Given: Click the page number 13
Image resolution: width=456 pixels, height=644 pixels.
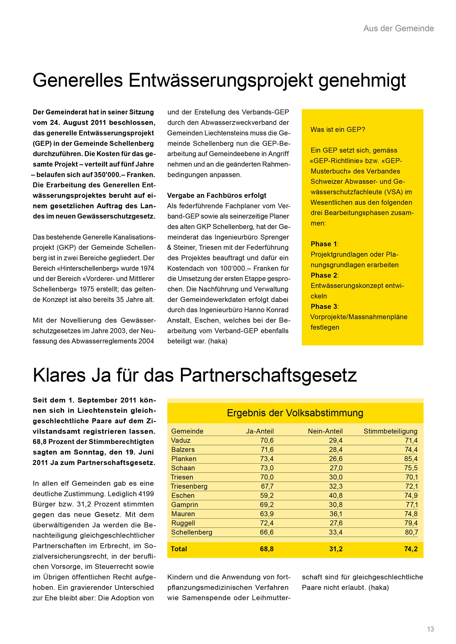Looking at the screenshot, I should pyautogui.click(x=430, y=629).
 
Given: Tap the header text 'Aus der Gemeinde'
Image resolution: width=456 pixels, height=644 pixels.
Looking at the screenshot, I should pyautogui.click(x=399, y=28).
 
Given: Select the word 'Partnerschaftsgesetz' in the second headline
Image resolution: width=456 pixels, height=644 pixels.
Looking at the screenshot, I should pyautogui.click(x=268, y=375).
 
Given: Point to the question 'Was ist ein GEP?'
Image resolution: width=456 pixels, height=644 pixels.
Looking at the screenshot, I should pyautogui.click(x=337, y=130).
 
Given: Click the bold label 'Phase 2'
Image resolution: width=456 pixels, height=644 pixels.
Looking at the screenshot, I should pyautogui.click(x=324, y=275).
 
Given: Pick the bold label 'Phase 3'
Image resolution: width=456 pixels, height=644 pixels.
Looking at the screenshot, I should pyautogui.click(x=324, y=306).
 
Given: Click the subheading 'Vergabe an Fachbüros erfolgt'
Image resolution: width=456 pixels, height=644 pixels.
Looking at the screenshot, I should pyautogui.click(x=217, y=195).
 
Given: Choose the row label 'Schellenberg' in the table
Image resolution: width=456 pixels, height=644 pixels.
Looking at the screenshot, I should pyautogui.click(x=191, y=532).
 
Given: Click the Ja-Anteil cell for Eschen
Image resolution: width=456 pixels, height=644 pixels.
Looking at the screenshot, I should pyautogui.click(x=266, y=495).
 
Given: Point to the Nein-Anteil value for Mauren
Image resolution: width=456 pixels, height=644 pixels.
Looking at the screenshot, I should pyautogui.click(x=336, y=514).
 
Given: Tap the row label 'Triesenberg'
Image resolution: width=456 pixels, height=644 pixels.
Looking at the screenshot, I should pyautogui.click(x=189, y=486).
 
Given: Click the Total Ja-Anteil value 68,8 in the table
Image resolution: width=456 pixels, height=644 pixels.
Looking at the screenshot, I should pyautogui.click(x=266, y=549).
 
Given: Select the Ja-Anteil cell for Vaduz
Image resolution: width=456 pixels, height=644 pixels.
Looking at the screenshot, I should pyautogui.click(x=266, y=440).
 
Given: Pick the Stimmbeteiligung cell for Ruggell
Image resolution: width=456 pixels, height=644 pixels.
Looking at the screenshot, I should pyautogui.click(x=411, y=523).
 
